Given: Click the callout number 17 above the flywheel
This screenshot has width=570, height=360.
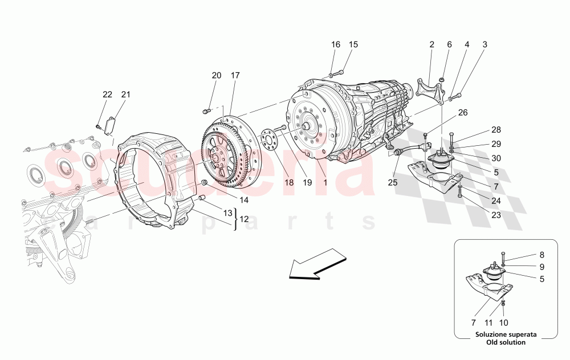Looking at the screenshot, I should tap(235, 76).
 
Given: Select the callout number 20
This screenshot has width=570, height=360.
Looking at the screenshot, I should tap(216, 76).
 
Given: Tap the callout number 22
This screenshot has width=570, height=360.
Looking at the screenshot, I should tap(108, 95).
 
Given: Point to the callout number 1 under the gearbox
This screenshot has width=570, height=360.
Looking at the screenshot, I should tap(325, 183).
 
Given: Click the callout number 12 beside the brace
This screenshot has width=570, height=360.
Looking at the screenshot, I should tap(243, 219).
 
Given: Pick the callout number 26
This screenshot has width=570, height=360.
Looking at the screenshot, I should tap(463, 113).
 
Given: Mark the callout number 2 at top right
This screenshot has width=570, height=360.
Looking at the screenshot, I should tap(431, 44).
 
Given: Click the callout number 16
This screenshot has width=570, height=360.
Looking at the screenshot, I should tap(335, 44).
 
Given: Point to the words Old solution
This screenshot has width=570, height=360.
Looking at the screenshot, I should tap(500, 342).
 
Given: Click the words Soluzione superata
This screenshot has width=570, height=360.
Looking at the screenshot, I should tap(500, 334).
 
